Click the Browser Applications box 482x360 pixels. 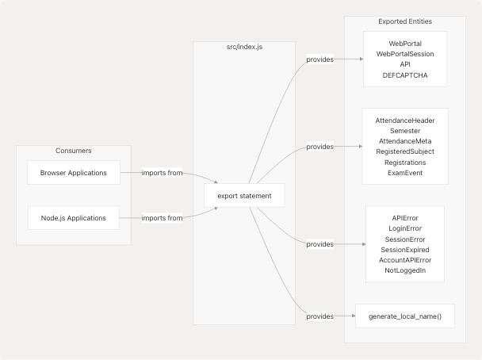[x=73, y=172]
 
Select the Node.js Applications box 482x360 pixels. [x=73, y=217]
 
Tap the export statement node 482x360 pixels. [x=244, y=195]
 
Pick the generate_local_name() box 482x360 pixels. [x=405, y=316]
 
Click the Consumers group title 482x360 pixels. [x=73, y=151]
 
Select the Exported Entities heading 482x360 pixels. [x=406, y=21]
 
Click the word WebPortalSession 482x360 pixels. [x=405, y=54]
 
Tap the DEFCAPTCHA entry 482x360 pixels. [x=405, y=75]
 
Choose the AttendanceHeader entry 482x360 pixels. [x=405, y=120]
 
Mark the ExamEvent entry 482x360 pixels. [x=405, y=172]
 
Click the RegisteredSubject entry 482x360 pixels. [x=405, y=151]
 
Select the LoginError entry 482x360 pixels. [x=405, y=228]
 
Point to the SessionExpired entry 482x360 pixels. [x=405, y=249]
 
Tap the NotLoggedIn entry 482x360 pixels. [x=405, y=270]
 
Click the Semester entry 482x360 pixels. [x=405, y=130]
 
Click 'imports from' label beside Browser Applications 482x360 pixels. [x=163, y=172]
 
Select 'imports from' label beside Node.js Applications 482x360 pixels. [x=163, y=217]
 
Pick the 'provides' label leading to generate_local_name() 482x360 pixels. [x=319, y=316]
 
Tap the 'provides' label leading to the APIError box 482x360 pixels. [x=319, y=244]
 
